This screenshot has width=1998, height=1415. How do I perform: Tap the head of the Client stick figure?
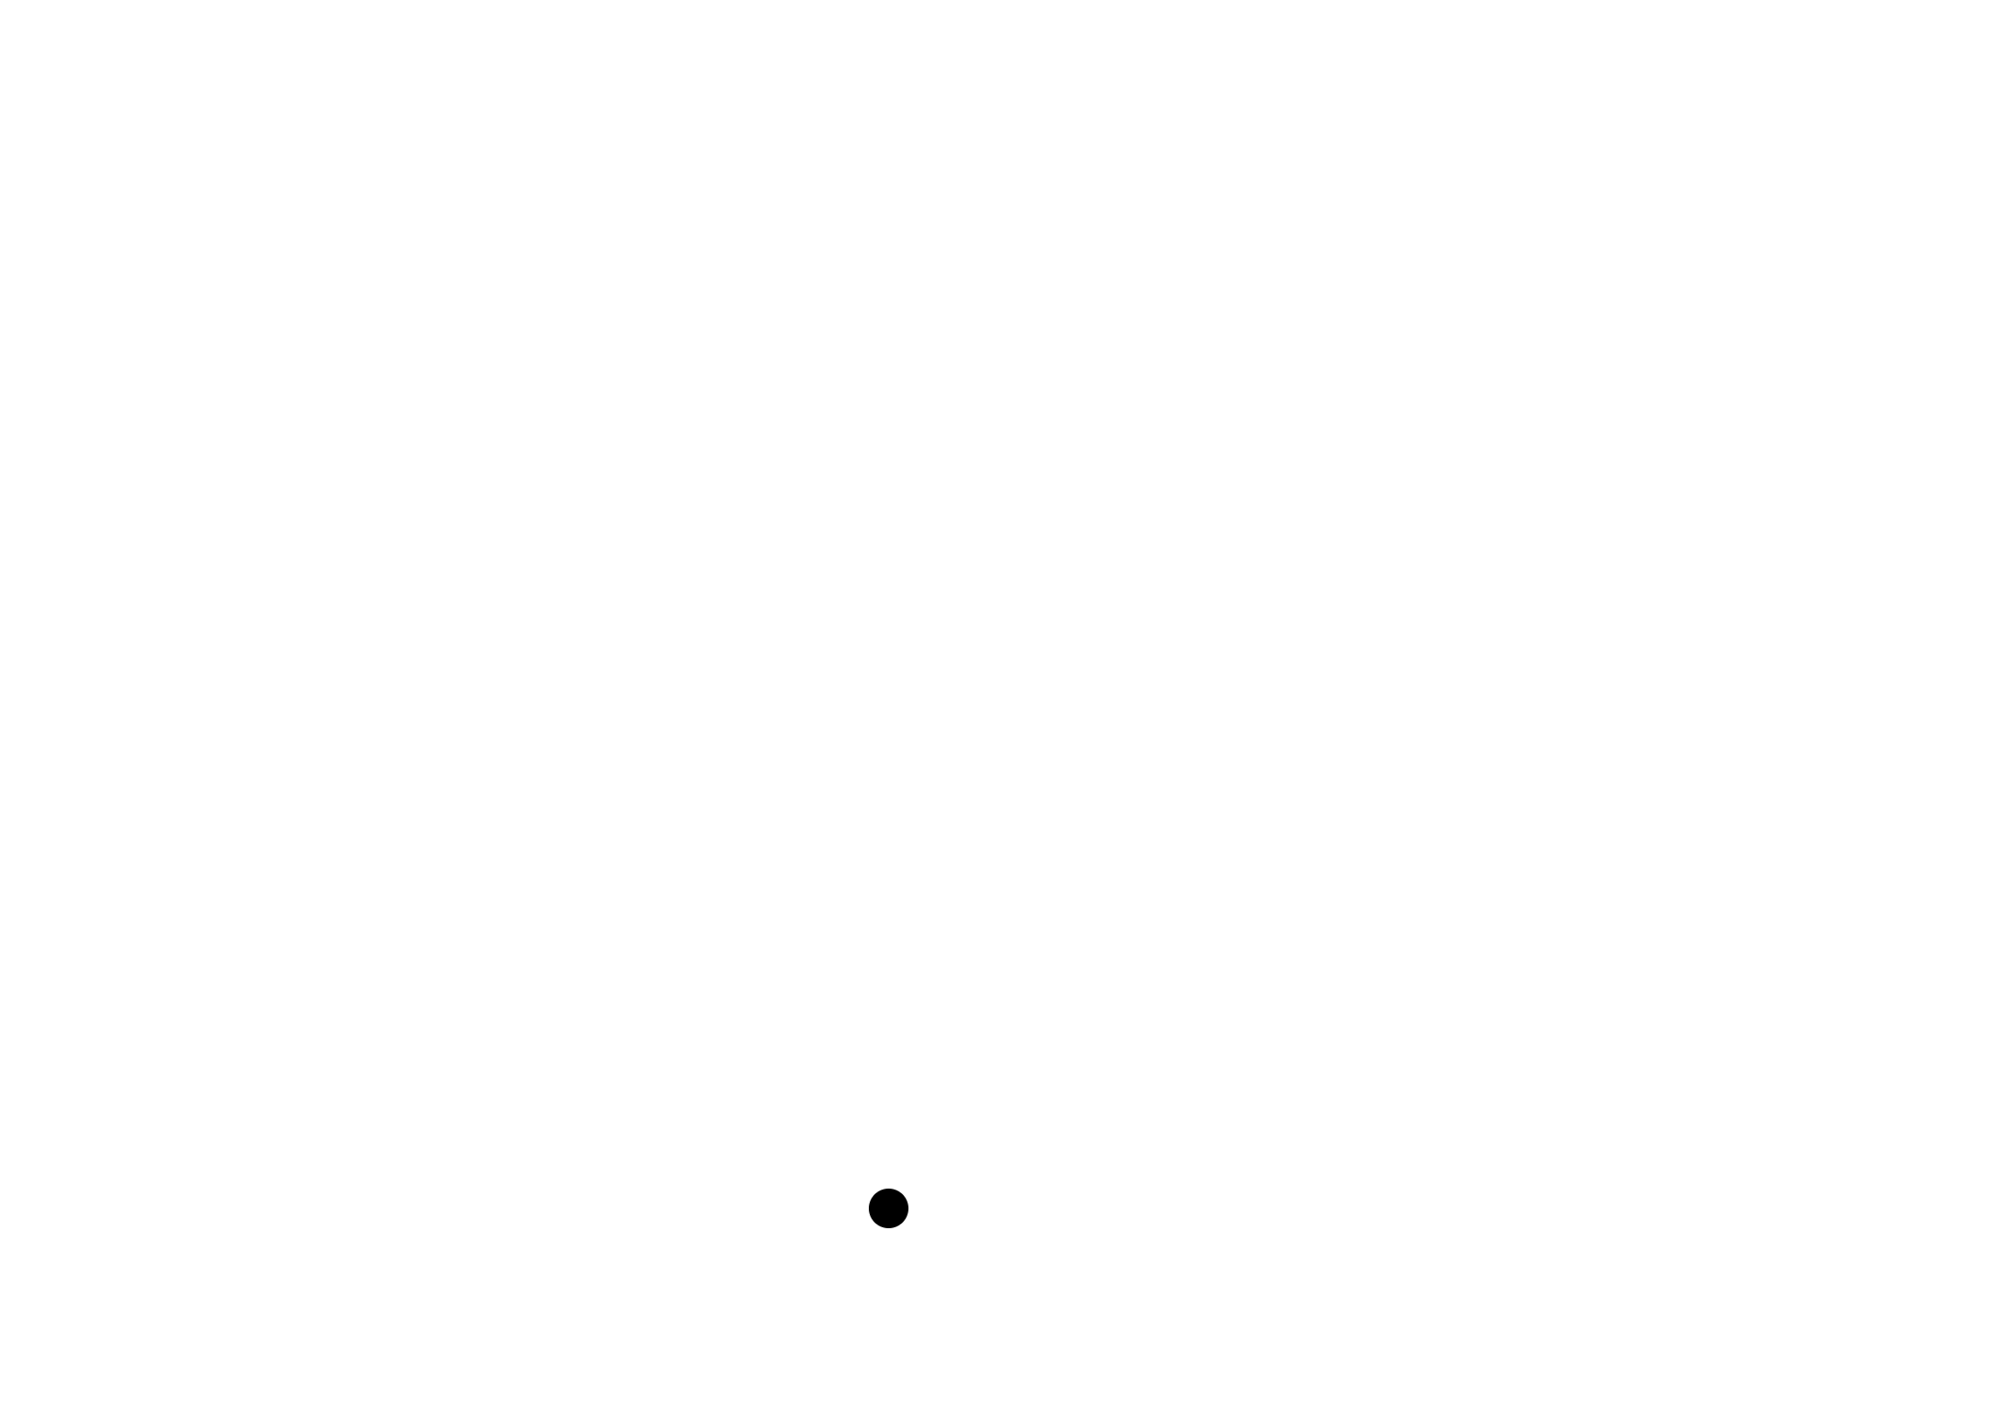889,1208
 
